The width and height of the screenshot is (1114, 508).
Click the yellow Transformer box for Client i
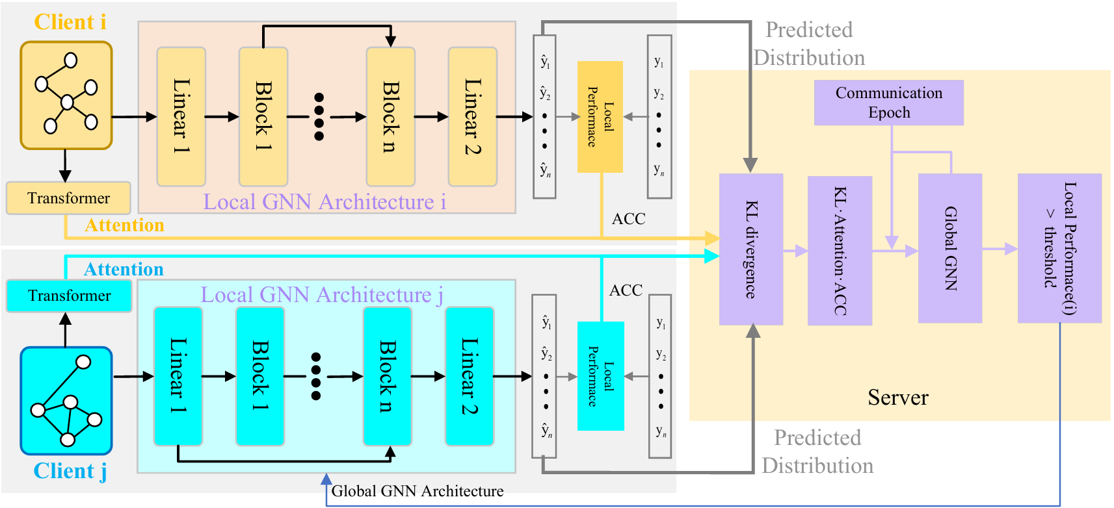pyautogui.click(x=68, y=198)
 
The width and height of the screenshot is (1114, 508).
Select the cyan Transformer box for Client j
pyautogui.click(x=69, y=296)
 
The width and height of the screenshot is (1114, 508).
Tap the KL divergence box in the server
pyautogui.click(x=750, y=249)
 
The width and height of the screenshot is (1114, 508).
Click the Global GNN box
pyautogui.click(x=949, y=248)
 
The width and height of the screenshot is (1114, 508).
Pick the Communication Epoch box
pyautogui.click(x=888, y=103)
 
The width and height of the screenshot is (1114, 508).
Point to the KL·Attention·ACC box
pyautogui.click(x=840, y=251)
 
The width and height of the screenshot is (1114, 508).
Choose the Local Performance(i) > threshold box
pyautogui.click(x=1059, y=248)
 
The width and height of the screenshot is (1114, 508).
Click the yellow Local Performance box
pyautogui.click(x=600, y=117)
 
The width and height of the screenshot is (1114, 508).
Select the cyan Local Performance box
pyautogui.click(x=600, y=376)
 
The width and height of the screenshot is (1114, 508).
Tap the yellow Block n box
pyautogui.click(x=390, y=117)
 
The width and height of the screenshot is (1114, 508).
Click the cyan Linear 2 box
pyautogui.click(x=469, y=376)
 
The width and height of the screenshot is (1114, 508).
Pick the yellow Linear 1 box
pyautogui.click(x=181, y=117)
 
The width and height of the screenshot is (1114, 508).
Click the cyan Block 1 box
pyautogui.click(x=260, y=376)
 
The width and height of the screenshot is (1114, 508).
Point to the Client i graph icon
pyautogui.click(x=66, y=95)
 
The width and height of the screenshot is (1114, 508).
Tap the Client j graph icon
pyautogui.click(x=66, y=401)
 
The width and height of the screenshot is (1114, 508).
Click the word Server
pyautogui.click(x=897, y=398)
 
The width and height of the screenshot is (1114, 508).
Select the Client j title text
pyautogui.click(x=70, y=471)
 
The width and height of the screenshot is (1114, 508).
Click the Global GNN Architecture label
pyautogui.click(x=417, y=491)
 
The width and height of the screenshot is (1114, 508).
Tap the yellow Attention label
pyautogui.click(x=124, y=225)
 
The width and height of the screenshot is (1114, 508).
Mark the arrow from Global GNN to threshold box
pyautogui.click(x=1000, y=248)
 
